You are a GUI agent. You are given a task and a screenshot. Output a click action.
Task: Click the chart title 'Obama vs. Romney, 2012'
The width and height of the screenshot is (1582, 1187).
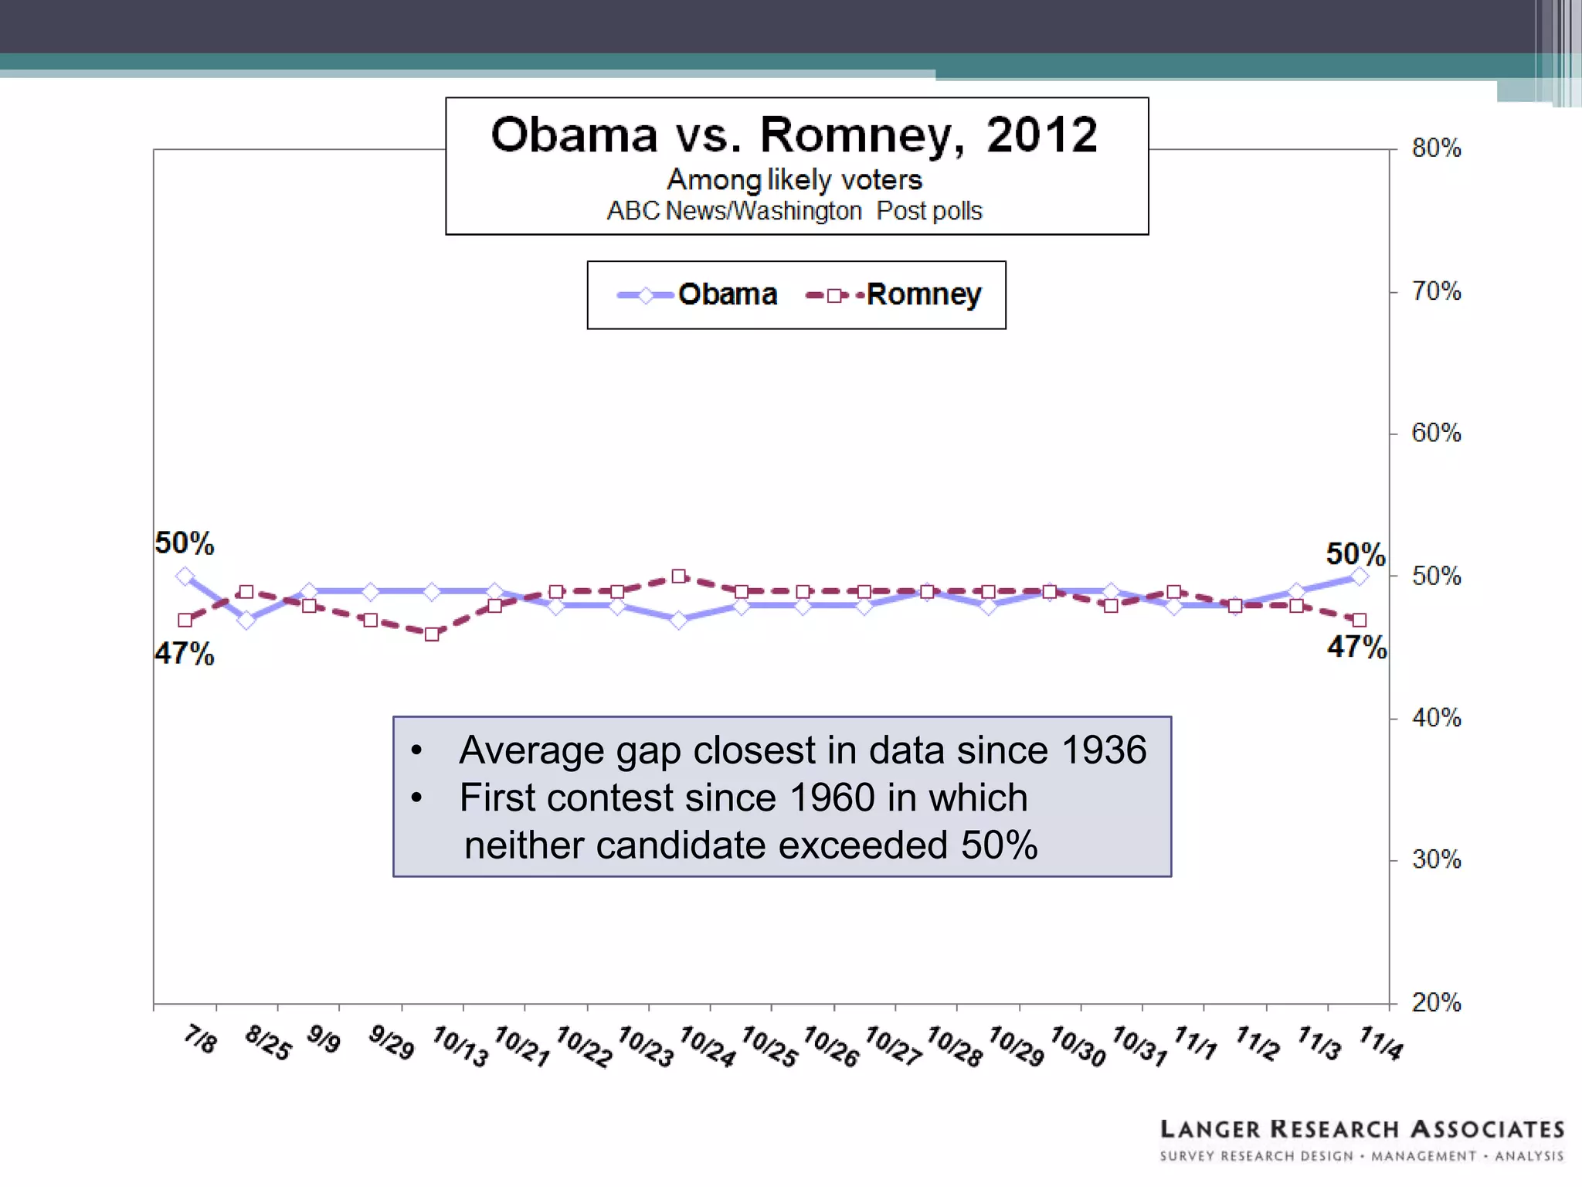pyautogui.click(x=794, y=135)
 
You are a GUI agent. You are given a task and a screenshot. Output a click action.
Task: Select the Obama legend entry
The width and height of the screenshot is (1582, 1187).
pyautogui.click(x=698, y=294)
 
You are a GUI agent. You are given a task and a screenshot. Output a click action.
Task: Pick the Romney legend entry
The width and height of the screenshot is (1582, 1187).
pyautogui.click(x=895, y=294)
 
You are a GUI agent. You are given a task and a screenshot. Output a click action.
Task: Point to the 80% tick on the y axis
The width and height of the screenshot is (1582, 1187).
pyautogui.click(x=1436, y=148)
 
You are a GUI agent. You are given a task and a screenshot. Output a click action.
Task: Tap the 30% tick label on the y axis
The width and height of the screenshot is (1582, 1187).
pyautogui.click(x=1436, y=860)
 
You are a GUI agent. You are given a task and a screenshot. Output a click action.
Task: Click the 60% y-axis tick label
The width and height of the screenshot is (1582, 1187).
pyautogui.click(x=1436, y=433)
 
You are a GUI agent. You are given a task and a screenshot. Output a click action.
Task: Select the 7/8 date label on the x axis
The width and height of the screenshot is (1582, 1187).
pyautogui.click(x=200, y=1039)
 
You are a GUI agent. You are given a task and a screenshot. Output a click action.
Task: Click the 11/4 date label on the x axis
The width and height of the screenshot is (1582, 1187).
pyautogui.click(x=1380, y=1043)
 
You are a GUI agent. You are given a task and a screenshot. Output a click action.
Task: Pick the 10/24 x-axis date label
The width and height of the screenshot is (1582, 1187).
pyautogui.click(x=707, y=1046)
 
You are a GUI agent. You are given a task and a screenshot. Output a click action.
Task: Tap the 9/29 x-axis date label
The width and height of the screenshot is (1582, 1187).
pyautogui.click(x=391, y=1042)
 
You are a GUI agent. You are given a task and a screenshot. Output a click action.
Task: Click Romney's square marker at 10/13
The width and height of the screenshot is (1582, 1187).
pyautogui.click(x=432, y=634)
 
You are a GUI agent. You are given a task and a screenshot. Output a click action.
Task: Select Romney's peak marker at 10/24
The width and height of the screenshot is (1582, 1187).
pyautogui.click(x=678, y=576)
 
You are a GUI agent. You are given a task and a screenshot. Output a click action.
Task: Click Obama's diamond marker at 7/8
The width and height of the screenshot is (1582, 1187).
pyautogui.click(x=185, y=576)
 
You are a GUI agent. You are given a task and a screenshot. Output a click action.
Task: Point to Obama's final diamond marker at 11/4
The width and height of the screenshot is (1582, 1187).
pyautogui.click(x=1360, y=576)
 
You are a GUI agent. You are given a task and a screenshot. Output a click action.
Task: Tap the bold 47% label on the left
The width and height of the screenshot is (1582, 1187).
pyautogui.click(x=184, y=654)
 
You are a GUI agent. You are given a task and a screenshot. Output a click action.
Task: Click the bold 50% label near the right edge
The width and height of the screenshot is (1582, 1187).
pyautogui.click(x=1355, y=554)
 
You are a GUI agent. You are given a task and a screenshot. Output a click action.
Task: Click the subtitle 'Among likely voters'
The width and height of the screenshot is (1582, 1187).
pyautogui.click(x=794, y=179)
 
